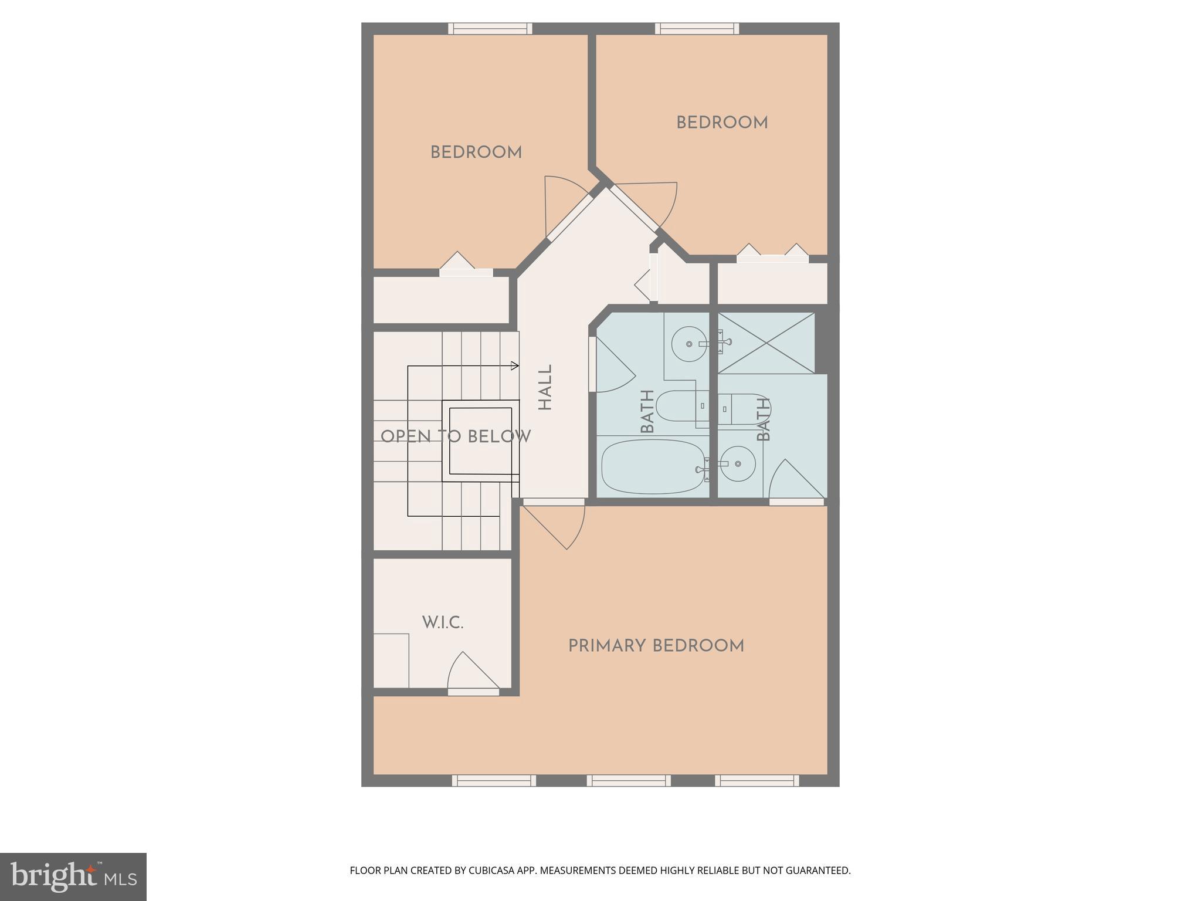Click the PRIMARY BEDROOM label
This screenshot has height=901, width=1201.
coord(656,646)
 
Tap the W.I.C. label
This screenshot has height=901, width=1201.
coord(443,623)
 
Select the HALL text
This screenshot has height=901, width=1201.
coord(545,388)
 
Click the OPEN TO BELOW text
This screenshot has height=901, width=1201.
coord(455,437)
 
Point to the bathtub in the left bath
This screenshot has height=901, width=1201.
coord(653,467)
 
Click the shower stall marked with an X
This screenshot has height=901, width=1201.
coord(766,343)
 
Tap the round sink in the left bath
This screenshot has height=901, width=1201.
coord(690,344)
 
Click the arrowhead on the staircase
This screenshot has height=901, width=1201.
coord(515,366)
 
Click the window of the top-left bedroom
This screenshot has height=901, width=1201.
coord(490,29)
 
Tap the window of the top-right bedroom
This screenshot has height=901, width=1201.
coord(697,29)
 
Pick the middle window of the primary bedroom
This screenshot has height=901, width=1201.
coord(629,780)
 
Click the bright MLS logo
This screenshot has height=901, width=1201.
coord(73,876)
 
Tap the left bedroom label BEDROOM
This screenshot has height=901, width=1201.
coord(476,153)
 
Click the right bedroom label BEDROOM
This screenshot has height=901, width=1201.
coord(722,123)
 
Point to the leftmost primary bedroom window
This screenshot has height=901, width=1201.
coord(494,780)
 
